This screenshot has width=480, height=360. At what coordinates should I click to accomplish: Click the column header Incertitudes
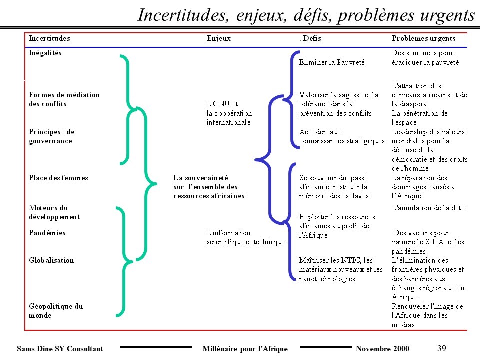click(49, 38)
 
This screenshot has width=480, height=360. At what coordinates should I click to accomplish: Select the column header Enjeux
click(219, 38)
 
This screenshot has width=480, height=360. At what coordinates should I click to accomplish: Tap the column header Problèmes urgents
click(423, 38)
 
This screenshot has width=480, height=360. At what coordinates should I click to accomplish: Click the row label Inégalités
click(45, 53)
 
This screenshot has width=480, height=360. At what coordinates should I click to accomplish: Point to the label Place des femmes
click(58, 178)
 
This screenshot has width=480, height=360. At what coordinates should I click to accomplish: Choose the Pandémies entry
click(47, 233)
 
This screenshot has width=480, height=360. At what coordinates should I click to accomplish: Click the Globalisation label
click(51, 260)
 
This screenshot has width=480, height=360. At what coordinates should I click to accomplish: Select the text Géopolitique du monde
click(56, 311)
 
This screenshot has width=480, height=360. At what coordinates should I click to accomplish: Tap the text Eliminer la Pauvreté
click(332, 63)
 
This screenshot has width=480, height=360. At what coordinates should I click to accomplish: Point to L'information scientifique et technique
click(245, 237)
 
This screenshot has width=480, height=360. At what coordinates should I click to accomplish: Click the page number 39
click(441, 348)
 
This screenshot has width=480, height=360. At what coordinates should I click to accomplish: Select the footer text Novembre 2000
click(382, 349)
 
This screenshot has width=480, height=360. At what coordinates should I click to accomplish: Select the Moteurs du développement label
click(54, 212)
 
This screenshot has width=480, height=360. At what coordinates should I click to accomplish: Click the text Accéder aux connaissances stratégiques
click(342, 136)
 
